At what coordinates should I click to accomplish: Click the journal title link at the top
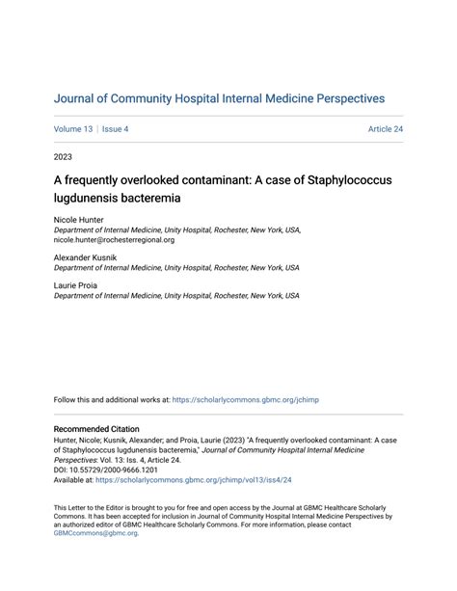219,98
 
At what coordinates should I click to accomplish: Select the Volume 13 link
73,129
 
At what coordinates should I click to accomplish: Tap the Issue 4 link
114,129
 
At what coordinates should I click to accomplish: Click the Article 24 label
385,129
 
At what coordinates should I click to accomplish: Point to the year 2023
63,156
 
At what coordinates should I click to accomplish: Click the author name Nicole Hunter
78,221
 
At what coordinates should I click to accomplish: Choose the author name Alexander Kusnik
87,258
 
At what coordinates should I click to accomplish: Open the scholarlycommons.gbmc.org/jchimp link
255,398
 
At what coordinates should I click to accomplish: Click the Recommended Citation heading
96,429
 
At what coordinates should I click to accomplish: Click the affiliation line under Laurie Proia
176,296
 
